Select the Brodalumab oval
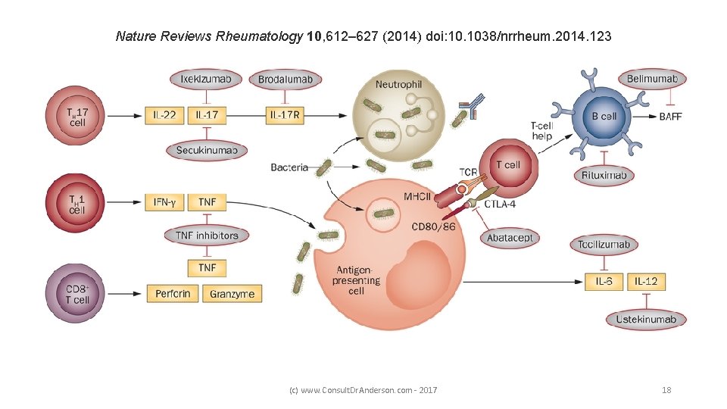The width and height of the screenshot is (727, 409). click(285, 80)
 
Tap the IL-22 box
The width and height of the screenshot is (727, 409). click(164, 116)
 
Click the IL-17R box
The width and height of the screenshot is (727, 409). click(286, 116)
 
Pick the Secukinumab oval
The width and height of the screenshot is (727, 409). click(207, 151)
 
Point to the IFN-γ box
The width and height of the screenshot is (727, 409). click(164, 202)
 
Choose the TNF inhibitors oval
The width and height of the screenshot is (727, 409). click(207, 236)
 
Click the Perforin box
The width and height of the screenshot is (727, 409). click(173, 293)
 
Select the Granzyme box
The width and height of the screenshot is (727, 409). click(232, 293)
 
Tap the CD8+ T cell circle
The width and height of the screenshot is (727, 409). click(77, 294)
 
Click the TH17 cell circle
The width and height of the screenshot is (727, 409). click(77, 116)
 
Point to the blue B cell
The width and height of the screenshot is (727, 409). click(604, 117)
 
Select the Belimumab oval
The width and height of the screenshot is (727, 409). click(653, 79)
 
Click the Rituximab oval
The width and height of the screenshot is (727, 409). click(604, 176)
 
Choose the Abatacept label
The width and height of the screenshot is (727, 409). click(510, 237)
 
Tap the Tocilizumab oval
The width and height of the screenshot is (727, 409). click(604, 245)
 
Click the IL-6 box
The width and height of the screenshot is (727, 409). click(604, 282)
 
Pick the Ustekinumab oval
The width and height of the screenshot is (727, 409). click(646, 319)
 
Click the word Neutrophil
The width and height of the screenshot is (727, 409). click(398, 85)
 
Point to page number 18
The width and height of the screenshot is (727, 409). click(666, 390)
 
